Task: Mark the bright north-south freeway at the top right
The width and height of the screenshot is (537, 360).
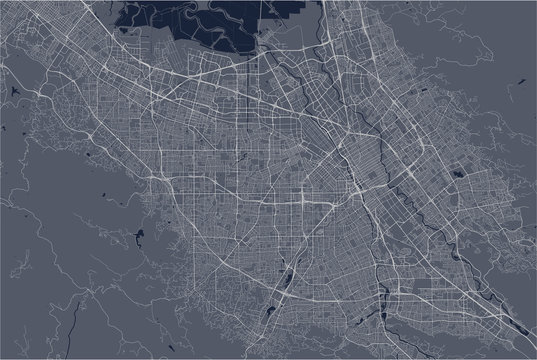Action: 345,40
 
